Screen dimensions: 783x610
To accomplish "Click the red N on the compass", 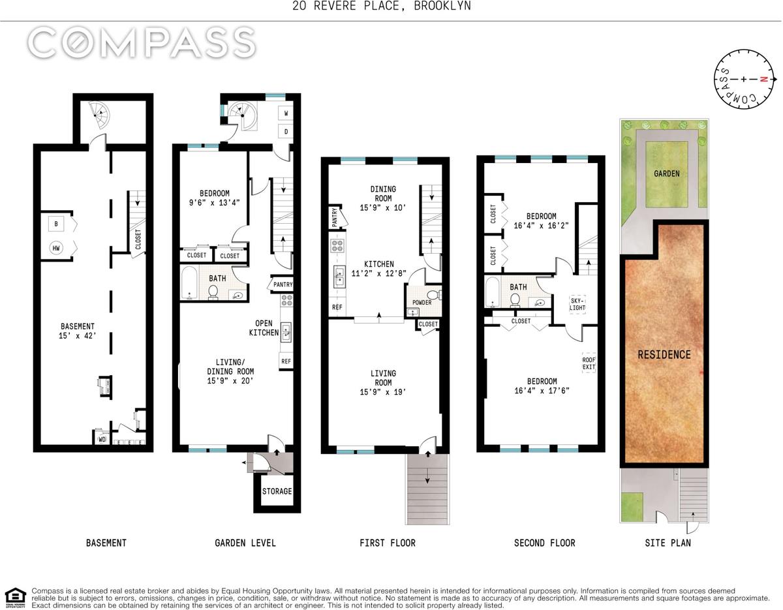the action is pyautogui.click(x=763, y=80).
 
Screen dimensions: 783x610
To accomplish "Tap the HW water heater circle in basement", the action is pyautogui.click(x=56, y=248).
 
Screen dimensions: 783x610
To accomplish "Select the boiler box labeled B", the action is pyautogui.click(x=56, y=224).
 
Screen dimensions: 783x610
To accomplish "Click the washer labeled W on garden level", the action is pyautogui.click(x=286, y=113).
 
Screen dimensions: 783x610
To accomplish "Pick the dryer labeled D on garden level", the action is pyautogui.click(x=286, y=132).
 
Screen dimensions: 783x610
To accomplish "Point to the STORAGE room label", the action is pyautogui.click(x=277, y=491).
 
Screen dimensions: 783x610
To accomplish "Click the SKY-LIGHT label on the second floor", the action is pyautogui.click(x=577, y=304).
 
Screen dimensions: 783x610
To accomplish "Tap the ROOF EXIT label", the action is pyautogui.click(x=589, y=363).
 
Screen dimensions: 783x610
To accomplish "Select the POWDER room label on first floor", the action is pyautogui.click(x=422, y=302).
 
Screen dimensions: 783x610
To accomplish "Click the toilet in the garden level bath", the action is pyautogui.click(x=213, y=292).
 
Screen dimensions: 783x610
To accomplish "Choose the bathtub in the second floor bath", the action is pyautogui.click(x=492, y=292).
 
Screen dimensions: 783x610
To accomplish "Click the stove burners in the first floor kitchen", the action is pyautogui.click(x=337, y=246).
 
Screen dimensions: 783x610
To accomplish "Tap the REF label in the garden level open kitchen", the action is pyautogui.click(x=286, y=361).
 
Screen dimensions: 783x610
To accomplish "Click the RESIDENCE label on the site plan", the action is pyautogui.click(x=664, y=354).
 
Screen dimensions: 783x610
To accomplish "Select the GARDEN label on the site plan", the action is pyautogui.click(x=667, y=174).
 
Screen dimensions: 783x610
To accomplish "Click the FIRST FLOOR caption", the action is pyautogui.click(x=388, y=543).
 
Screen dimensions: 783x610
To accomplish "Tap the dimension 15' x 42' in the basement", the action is pyautogui.click(x=78, y=336).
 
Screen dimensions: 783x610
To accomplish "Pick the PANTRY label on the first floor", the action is pyautogui.click(x=334, y=217).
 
